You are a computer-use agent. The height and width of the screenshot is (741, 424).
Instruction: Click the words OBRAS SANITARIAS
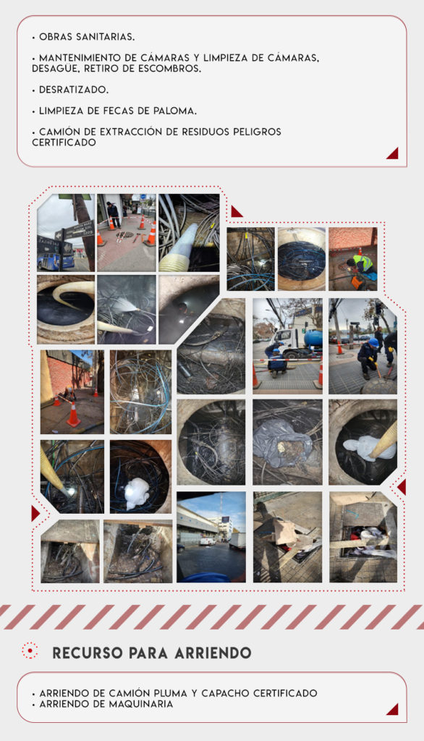click(x=87, y=37)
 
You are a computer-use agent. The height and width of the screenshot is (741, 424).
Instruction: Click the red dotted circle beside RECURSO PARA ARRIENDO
click(x=30, y=651)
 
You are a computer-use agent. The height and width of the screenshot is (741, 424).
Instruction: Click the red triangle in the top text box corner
click(x=392, y=153)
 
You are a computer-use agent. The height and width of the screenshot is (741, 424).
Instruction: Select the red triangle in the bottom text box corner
click(x=392, y=709)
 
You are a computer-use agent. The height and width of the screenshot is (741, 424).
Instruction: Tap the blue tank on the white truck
click(x=313, y=339)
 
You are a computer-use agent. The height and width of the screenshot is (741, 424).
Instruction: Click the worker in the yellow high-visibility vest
click(x=360, y=263)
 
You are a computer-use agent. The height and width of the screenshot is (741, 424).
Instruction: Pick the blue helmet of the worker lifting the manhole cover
click(x=373, y=342)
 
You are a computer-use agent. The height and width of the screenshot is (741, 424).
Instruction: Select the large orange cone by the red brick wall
click(x=73, y=414)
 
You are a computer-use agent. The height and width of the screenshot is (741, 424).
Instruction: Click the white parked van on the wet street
click(x=207, y=541)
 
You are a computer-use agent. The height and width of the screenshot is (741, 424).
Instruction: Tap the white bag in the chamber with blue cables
click(x=137, y=493)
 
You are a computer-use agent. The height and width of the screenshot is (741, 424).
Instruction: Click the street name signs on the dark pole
click(x=77, y=232)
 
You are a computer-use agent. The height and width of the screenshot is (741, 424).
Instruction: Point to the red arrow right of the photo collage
click(x=402, y=487)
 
